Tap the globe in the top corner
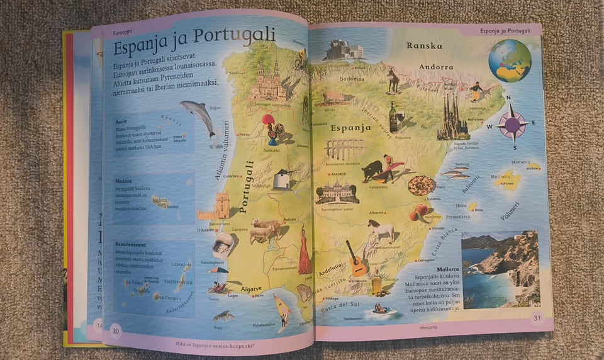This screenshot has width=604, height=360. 510,61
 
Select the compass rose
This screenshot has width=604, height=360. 512,123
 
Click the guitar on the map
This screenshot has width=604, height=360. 356,260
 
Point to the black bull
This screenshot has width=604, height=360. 372,171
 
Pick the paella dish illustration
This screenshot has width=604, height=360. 421,185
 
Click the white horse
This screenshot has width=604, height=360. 381,230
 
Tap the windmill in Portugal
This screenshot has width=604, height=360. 282,179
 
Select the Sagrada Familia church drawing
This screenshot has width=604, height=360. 452,118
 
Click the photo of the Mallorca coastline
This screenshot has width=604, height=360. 500,269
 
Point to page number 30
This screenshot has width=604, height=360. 116,330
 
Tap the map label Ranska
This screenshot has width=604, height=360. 423,46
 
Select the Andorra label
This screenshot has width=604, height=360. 435,67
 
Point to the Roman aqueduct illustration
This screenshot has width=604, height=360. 345,149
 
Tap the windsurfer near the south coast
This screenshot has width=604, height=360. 282,311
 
